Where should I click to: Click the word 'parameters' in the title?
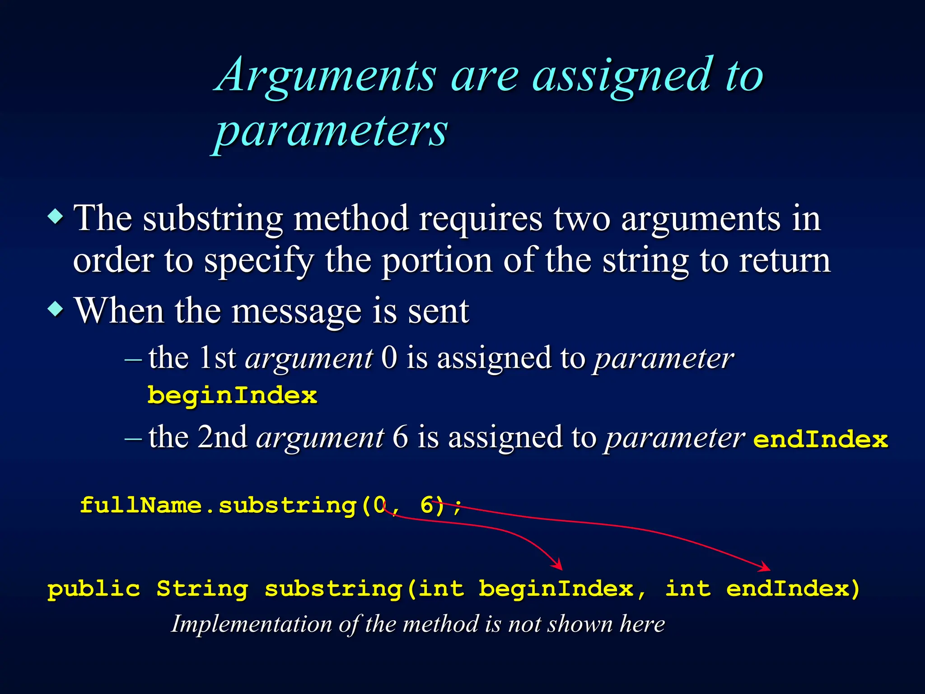(x=331, y=131)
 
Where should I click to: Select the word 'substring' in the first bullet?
(x=213, y=219)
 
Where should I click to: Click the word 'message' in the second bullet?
(x=296, y=312)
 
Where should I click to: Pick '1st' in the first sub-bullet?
(x=218, y=358)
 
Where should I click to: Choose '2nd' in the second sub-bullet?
(x=223, y=437)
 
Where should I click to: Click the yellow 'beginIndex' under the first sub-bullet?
(x=233, y=396)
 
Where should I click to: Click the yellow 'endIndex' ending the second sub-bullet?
(x=820, y=440)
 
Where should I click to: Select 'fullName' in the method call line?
(x=140, y=505)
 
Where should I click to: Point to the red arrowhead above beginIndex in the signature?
(x=558, y=565)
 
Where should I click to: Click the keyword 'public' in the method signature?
(x=94, y=589)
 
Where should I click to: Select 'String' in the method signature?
(x=202, y=589)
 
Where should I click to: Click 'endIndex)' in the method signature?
(x=793, y=589)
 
